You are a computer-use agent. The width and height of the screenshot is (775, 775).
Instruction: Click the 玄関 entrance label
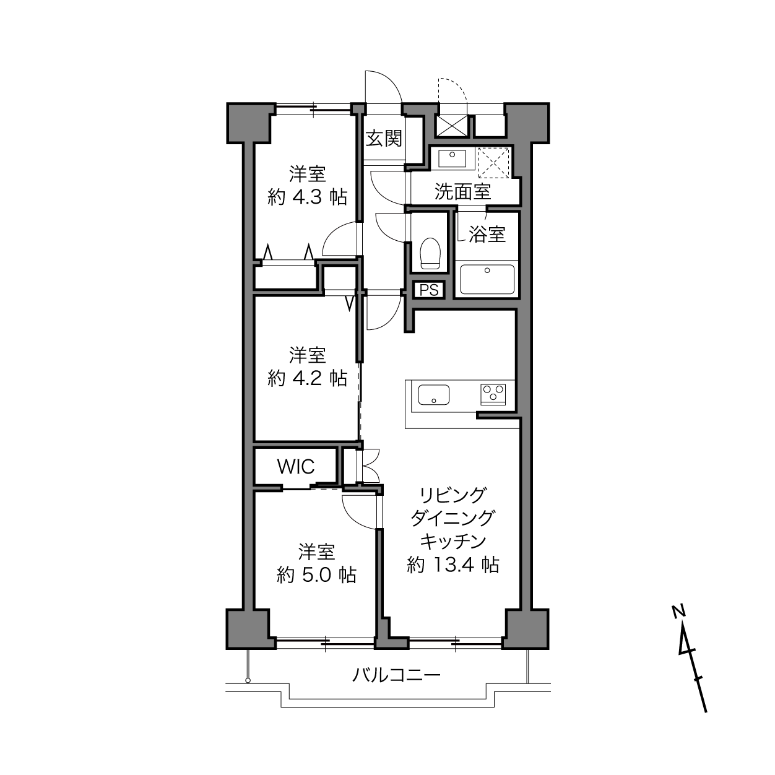pos(384,139)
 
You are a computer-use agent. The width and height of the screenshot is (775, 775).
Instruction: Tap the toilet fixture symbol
pos(430,253)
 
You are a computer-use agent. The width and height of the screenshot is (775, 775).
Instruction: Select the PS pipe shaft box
pos(429,290)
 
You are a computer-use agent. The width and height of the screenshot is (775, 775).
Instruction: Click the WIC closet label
pos(296,467)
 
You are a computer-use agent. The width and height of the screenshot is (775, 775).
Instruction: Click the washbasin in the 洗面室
pos(452,158)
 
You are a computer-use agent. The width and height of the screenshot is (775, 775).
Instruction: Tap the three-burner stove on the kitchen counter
pos(493,394)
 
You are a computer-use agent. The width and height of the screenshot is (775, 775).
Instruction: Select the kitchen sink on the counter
pos(433,394)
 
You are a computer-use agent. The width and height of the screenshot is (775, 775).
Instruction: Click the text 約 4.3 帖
pos(307,197)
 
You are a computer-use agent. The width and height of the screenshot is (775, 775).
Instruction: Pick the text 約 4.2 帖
pos(307,378)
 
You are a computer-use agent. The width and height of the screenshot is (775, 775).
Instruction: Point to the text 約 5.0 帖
pos(316,574)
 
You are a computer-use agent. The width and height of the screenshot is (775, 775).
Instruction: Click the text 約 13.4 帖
pos(453,565)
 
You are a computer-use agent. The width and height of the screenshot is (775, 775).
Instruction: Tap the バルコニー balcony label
pos(397,675)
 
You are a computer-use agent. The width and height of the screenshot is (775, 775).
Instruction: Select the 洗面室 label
pos(462,192)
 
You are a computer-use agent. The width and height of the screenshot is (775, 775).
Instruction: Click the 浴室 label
pos(487,234)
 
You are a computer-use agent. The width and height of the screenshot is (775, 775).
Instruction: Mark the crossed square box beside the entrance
pos(452,126)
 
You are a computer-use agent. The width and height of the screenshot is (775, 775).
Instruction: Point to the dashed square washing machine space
pos(494,162)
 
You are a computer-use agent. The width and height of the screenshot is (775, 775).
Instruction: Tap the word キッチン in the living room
pos(453,541)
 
